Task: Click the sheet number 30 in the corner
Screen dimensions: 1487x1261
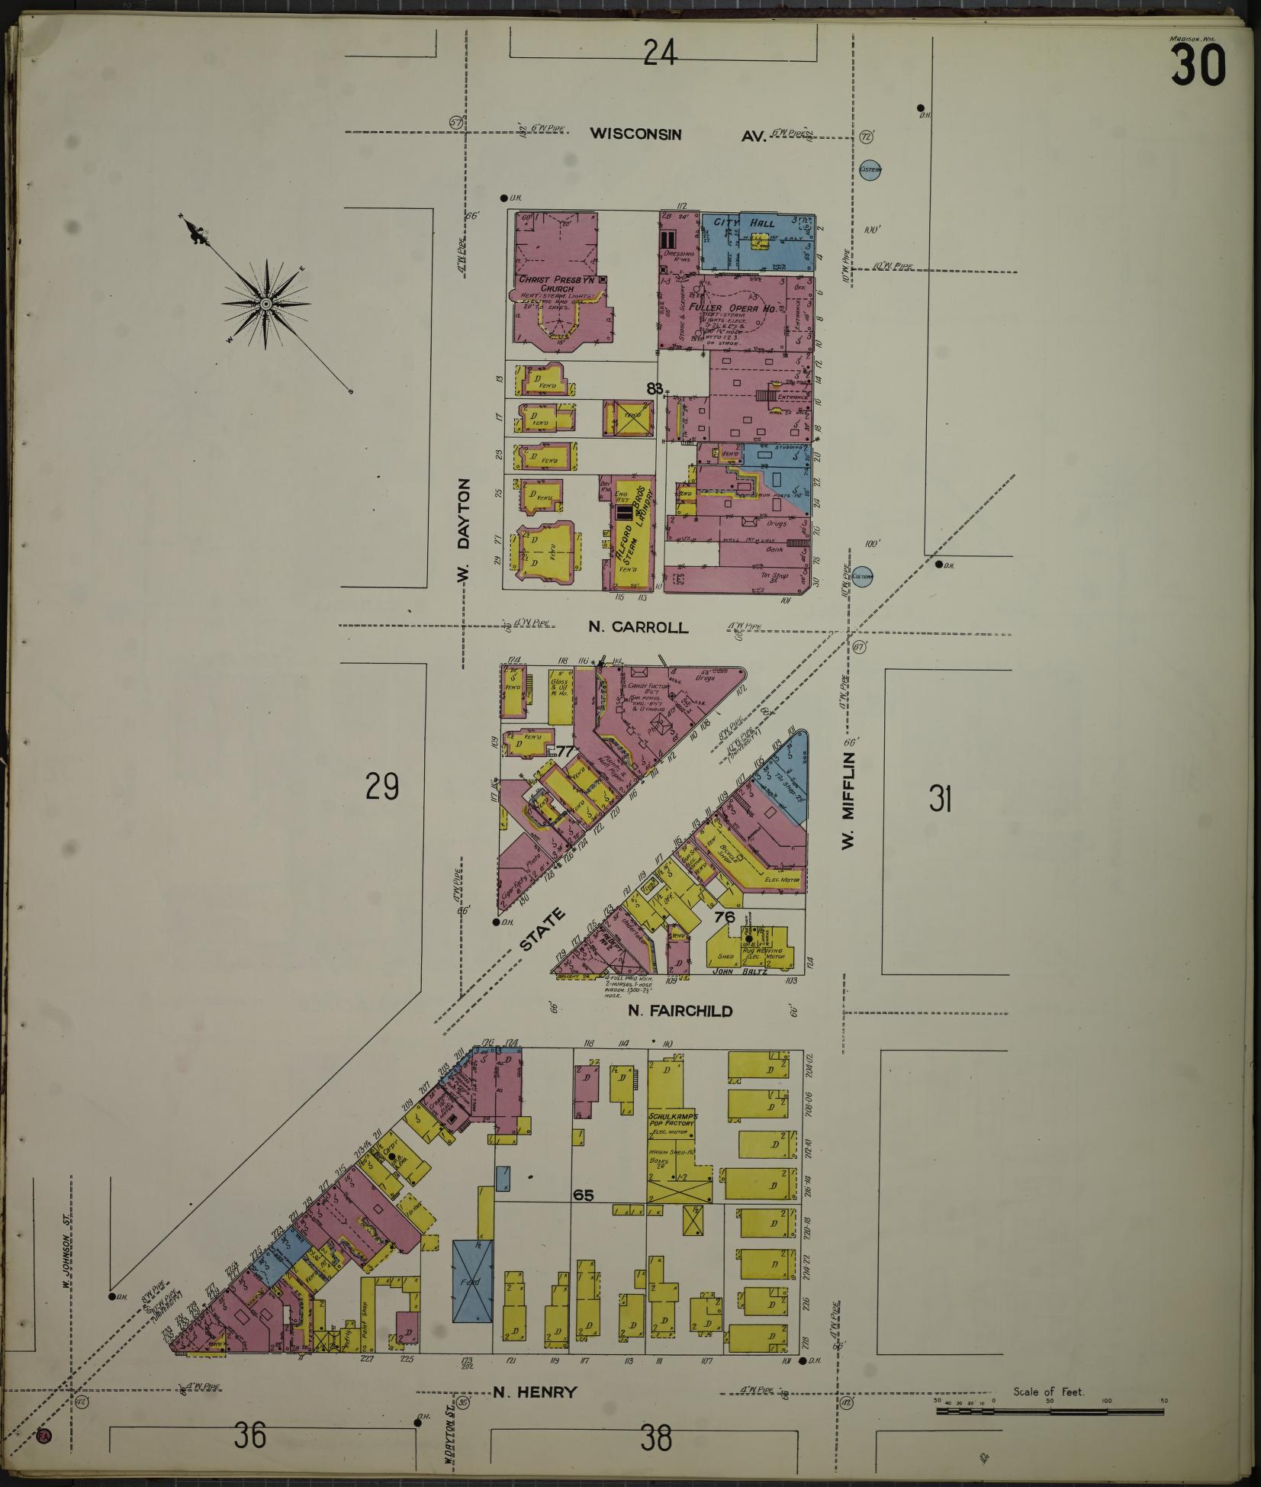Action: coord(1199,66)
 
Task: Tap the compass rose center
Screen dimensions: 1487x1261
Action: coord(266,304)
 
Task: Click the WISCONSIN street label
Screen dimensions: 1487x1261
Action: coord(635,134)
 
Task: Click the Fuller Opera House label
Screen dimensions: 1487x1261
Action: coord(732,308)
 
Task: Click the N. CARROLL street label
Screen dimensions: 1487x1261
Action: coord(639,627)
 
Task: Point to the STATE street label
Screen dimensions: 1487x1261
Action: coord(544,929)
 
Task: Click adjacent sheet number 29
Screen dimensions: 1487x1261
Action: coord(381,787)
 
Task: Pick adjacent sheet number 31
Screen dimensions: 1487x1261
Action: coord(941,799)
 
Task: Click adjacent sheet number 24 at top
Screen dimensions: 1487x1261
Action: coord(659,53)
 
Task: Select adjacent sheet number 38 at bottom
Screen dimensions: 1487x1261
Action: coord(656,1437)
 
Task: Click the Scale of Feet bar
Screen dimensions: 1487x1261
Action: coord(1049,1411)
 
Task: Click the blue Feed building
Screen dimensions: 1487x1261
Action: coord(472,1280)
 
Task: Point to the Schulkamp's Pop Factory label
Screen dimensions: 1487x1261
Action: coord(672,1119)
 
